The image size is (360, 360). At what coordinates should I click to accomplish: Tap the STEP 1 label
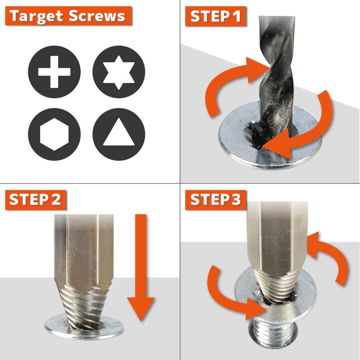point(216,17)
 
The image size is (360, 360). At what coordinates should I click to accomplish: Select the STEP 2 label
point(35,200)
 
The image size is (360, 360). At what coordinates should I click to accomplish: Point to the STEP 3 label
point(216,200)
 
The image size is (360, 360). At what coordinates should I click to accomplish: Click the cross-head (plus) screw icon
point(54,72)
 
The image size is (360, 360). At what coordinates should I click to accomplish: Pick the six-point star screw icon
point(119,72)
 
